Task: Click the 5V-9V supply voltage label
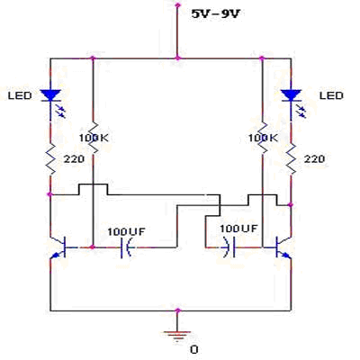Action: pos(216,13)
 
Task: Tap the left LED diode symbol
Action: pos(50,95)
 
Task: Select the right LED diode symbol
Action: pos(291,95)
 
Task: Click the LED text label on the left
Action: pos(20,95)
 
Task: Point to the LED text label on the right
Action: pos(331,95)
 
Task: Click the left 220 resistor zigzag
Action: pos(50,158)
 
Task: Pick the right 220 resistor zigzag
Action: pos(291,158)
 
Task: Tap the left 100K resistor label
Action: pos(94,138)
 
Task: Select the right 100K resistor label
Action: pos(263,138)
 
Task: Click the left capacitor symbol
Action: pos(126,247)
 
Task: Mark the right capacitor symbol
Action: pos(229,247)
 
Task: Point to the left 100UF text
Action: pos(126,231)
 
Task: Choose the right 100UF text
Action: pos(238,229)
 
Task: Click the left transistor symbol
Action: pos(58,247)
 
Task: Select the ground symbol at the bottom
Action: pos(177,336)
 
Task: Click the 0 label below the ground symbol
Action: pos(194,350)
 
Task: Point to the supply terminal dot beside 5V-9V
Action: pos(177,4)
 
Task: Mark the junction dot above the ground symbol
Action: pos(177,310)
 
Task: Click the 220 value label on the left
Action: pos(74,159)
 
